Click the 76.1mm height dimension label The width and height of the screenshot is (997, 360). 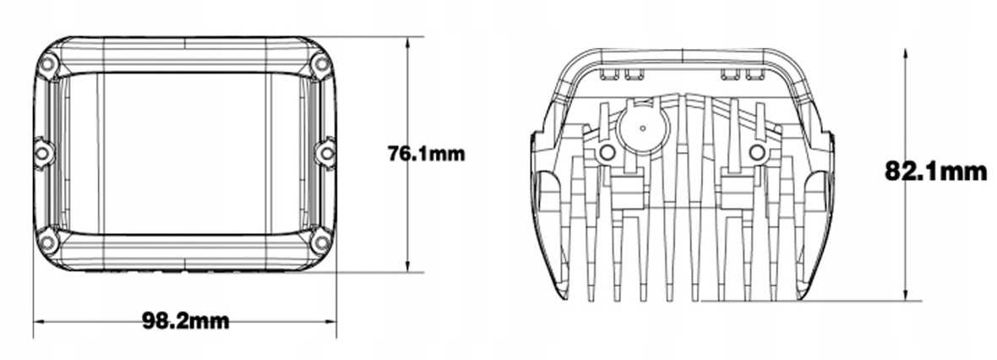coord(426,154)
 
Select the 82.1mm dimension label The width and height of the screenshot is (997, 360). coord(935,172)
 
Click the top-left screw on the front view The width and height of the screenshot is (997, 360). coord(49,64)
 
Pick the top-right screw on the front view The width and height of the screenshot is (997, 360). coord(320,64)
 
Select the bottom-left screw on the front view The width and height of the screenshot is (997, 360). coord(48,243)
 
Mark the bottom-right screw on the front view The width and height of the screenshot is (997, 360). coord(320,243)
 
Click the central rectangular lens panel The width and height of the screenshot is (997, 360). coord(184,154)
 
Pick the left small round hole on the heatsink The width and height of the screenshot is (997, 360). coord(605,153)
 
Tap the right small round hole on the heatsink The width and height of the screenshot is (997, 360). coord(757,153)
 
